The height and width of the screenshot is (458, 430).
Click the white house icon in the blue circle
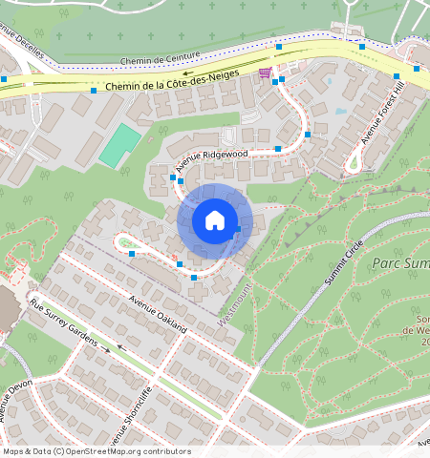[x=215, y=220]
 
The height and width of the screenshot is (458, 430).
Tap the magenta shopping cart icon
[x=265, y=73]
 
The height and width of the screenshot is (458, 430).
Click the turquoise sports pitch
[x=119, y=143]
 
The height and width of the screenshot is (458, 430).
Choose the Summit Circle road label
[x=345, y=260]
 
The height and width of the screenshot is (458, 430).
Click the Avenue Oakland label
[x=160, y=315]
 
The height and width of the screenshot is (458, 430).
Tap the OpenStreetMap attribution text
[x=96, y=451]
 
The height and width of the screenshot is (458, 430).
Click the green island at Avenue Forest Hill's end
[x=355, y=163]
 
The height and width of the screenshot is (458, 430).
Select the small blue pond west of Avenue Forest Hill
[x=340, y=111]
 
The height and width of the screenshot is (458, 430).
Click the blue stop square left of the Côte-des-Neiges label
[x=94, y=91]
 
